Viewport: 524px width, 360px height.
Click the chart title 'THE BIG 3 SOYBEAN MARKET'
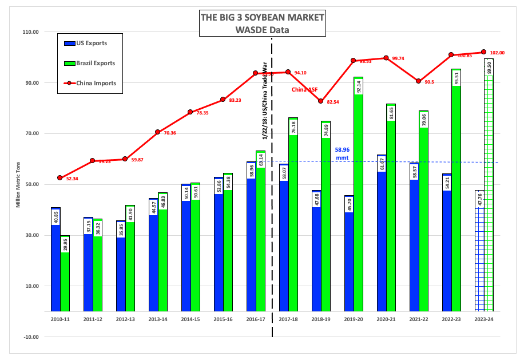262,17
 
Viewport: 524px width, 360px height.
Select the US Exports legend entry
86,43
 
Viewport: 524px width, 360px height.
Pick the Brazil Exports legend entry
89,63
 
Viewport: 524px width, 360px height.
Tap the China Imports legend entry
89,83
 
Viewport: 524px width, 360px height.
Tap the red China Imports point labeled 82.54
321,101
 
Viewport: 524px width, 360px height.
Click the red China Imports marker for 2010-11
60,178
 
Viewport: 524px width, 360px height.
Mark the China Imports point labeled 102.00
484,52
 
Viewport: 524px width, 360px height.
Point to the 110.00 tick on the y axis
29,32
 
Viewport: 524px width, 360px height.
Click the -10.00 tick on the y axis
29,337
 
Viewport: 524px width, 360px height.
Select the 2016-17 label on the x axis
256,318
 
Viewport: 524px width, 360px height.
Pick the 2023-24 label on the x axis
484,318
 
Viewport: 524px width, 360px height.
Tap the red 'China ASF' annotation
305,89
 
